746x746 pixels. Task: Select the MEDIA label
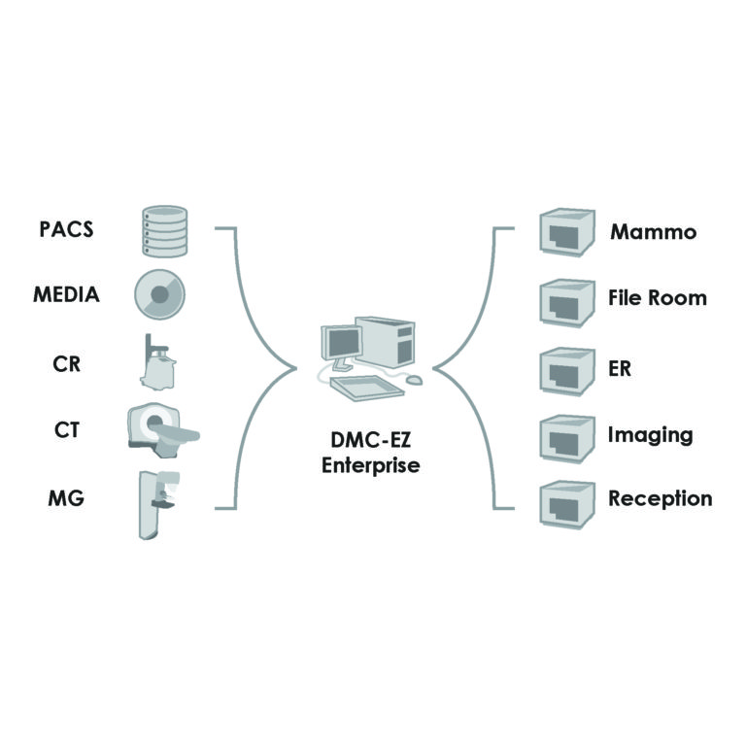tap(65, 294)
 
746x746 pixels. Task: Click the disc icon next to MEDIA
tap(160, 293)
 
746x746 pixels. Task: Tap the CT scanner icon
tap(161, 427)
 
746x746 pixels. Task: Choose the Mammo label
tap(653, 233)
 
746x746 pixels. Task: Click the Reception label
tap(660, 499)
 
